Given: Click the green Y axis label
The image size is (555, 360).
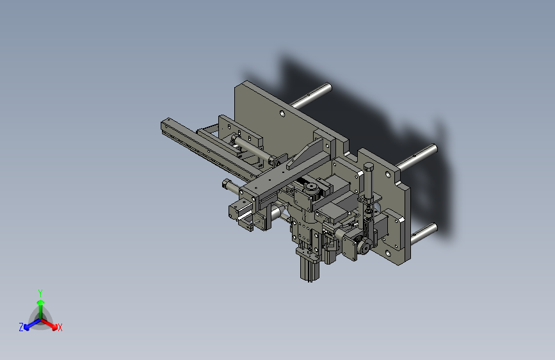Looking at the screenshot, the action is [x=40, y=293].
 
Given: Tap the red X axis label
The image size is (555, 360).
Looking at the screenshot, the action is [x=60, y=328].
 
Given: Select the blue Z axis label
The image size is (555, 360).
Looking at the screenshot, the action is [x=21, y=327].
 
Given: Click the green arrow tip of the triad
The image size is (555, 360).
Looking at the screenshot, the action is [x=41, y=303].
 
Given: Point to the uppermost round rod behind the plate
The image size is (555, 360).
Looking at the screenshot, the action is [x=310, y=95].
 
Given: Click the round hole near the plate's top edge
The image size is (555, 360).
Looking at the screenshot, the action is [x=282, y=113].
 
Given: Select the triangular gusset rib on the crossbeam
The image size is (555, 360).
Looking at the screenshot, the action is [x=305, y=153].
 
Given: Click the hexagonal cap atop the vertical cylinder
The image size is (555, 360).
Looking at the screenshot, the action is [x=369, y=167].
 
